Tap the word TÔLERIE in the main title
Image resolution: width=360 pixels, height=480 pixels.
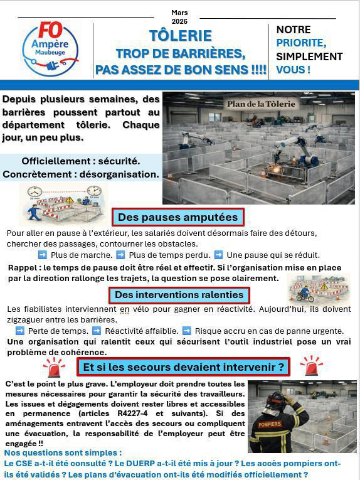coord(181,36)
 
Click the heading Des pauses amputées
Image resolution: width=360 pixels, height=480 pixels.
coord(178,217)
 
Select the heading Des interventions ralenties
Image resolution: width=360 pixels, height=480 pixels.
coord(179,294)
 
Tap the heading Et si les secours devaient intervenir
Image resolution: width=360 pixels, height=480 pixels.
coord(184,366)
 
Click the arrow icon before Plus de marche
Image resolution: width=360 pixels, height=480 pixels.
coord(43,255)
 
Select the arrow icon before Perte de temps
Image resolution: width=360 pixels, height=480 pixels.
coord(20,331)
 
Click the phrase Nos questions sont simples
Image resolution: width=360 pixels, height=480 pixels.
coord(63,452)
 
